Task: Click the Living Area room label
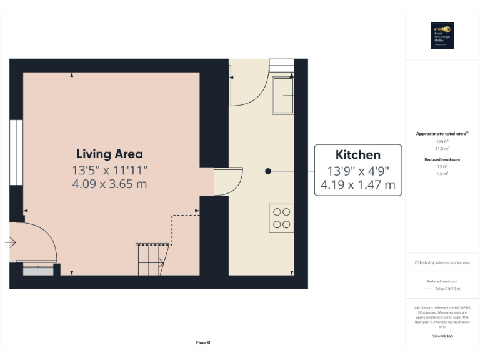click(x=109, y=154)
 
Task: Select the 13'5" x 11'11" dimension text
click(x=109, y=170)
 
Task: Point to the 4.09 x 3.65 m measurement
click(x=109, y=184)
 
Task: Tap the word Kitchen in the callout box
click(x=357, y=155)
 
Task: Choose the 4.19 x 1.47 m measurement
click(x=357, y=185)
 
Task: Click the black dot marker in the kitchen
click(x=267, y=171)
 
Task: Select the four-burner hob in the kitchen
click(x=281, y=218)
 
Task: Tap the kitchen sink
click(x=283, y=95)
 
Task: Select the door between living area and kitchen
click(x=227, y=181)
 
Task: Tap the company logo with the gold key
click(x=442, y=35)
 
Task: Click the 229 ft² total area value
click(x=442, y=142)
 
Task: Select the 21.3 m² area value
click(x=442, y=149)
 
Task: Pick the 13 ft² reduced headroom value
click(x=442, y=167)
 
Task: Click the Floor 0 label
click(x=203, y=342)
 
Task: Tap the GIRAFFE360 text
click(x=442, y=336)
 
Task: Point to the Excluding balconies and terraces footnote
click(x=442, y=262)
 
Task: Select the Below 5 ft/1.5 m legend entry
click(x=447, y=289)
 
